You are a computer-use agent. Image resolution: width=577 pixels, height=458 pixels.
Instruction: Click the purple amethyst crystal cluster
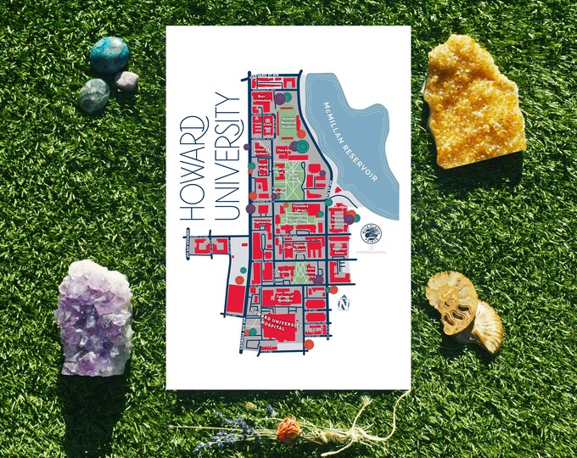92,316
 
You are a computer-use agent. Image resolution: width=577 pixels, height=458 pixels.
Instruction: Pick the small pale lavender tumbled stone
126,81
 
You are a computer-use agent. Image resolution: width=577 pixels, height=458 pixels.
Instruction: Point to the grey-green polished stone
93,95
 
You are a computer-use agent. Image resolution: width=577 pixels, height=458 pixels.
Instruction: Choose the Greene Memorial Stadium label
288,123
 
